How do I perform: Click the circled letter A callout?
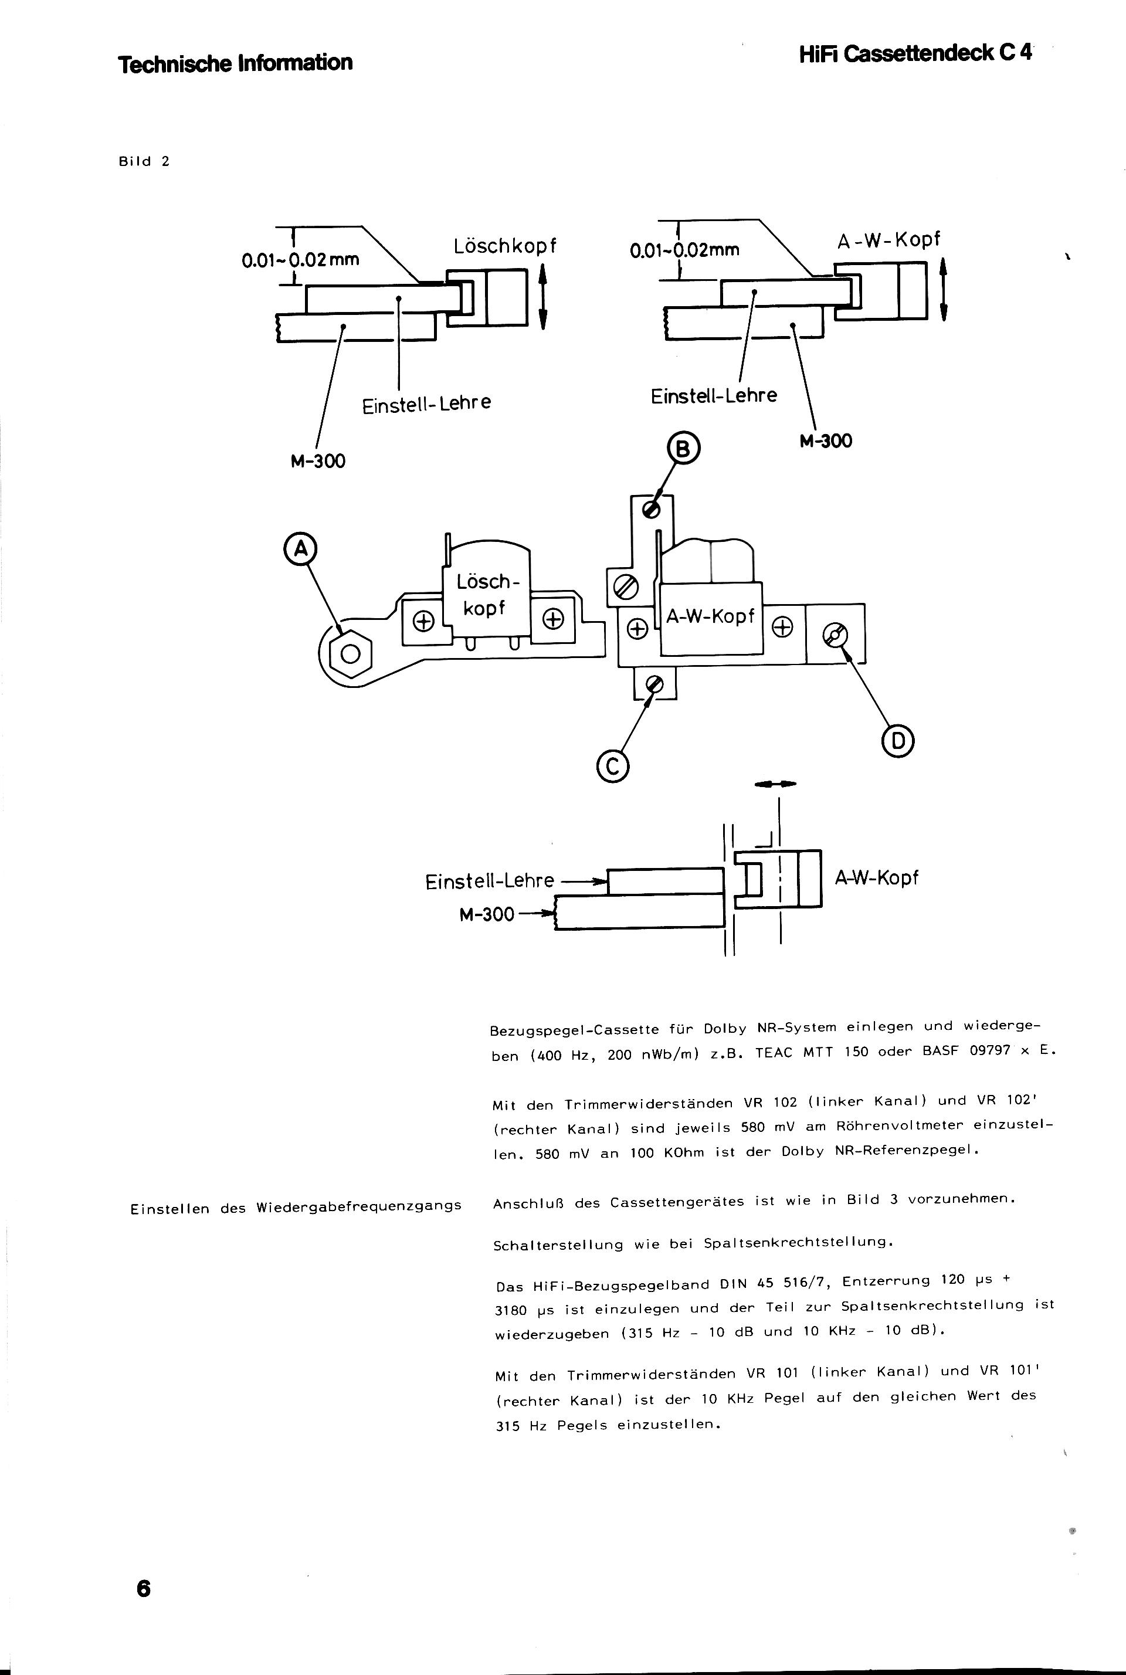(301, 548)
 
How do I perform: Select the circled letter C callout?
(612, 767)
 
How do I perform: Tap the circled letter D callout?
(898, 742)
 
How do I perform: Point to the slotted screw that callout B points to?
(653, 508)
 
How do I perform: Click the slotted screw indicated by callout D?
(836, 635)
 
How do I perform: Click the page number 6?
(143, 1588)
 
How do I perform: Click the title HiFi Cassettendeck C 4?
(915, 54)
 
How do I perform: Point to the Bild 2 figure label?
(144, 161)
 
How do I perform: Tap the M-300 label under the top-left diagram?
(317, 461)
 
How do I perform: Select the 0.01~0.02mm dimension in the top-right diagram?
(684, 249)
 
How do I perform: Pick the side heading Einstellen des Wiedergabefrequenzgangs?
(296, 1208)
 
